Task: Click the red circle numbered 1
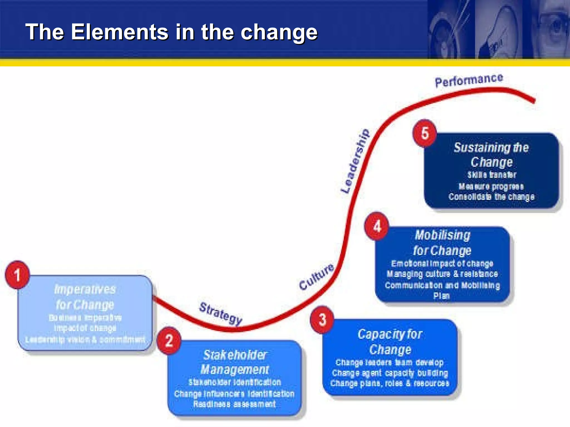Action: [17, 275]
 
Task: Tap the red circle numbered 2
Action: [169, 341]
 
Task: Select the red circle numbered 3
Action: [322, 320]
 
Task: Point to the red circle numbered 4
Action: [377, 226]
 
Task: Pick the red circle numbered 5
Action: [424, 133]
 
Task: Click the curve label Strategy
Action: [221, 313]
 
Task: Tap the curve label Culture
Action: [316, 276]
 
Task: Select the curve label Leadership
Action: [355, 161]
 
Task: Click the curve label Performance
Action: [469, 80]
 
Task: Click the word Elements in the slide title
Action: [120, 32]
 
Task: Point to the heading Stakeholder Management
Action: [235, 362]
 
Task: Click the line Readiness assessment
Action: [234, 404]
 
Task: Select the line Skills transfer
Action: [492, 175]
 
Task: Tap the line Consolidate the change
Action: [492, 197]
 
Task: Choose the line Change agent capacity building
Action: [390, 373]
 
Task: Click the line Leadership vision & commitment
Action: [85, 339]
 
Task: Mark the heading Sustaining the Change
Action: [492, 155]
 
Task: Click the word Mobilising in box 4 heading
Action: [443, 235]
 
